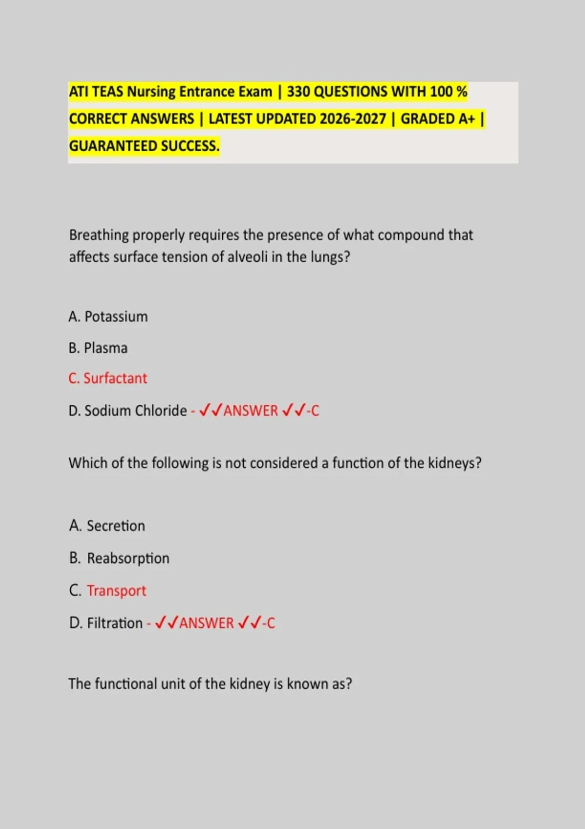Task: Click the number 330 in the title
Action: [x=298, y=92]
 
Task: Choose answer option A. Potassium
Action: [x=108, y=316]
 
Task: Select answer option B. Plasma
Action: [x=98, y=348]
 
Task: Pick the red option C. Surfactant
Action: [x=108, y=378]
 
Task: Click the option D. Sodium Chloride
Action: [x=128, y=411]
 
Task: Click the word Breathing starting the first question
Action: [x=98, y=236]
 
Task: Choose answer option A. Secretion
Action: [x=107, y=526]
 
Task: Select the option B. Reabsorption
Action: [x=119, y=558]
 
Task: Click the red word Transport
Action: [x=117, y=591]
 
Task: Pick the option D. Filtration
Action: [x=106, y=623]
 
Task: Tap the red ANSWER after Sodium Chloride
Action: [x=251, y=411]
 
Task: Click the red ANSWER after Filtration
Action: [x=207, y=623]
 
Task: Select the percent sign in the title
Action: [x=462, y=92]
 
